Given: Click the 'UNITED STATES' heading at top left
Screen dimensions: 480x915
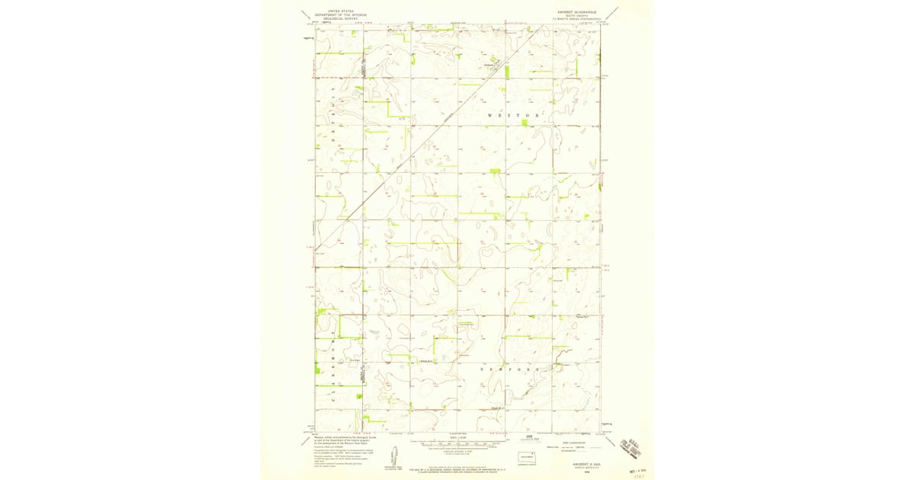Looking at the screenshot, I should pos(341,11).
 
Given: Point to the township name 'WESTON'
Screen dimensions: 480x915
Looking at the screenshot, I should pos(515,114).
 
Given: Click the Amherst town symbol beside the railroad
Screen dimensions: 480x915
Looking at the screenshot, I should pos(494,63).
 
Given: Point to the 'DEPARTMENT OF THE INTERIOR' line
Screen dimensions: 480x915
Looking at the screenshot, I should pos(341,14).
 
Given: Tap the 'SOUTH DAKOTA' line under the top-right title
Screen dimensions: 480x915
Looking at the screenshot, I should pos(579,15).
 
